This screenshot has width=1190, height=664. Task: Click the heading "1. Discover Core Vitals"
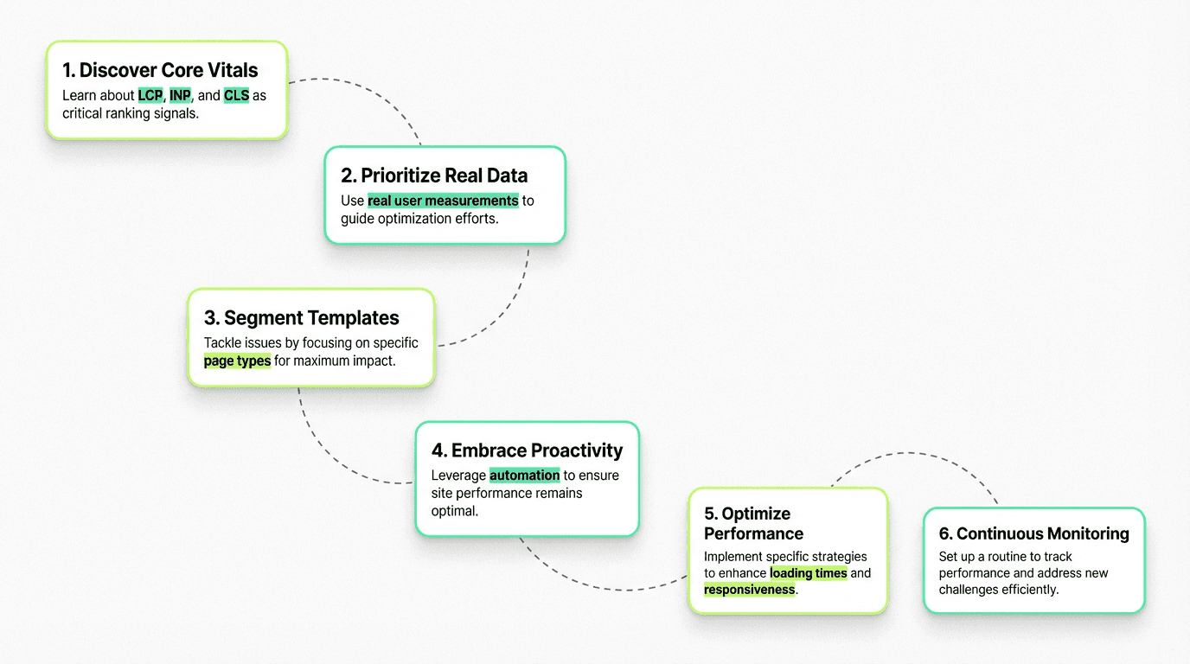[160, 71]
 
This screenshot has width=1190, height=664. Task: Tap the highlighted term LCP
[150, 96]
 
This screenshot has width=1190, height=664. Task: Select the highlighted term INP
[180, 96]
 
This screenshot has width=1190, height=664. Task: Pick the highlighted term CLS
[236, 96]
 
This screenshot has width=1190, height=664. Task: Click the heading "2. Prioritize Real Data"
[434, 176]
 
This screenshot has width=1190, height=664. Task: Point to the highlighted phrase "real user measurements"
[443, 201]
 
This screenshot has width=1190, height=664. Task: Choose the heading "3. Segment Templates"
[302, 318]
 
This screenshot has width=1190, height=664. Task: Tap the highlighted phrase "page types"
[237, 361]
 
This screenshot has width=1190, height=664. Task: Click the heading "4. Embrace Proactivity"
[527, 450]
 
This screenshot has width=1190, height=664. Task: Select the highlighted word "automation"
[524, 475]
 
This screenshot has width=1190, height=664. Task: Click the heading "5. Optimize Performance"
[753, 523]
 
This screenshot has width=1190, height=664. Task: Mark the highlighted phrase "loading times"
[808, 573]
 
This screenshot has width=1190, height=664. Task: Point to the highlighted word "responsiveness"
[749, 590]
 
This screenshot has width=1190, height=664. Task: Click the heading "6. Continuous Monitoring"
[1033, 533]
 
